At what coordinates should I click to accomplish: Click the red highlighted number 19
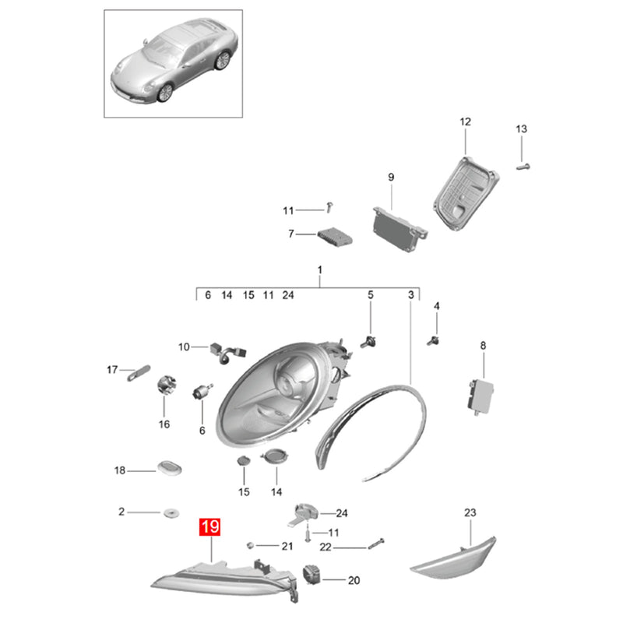209,527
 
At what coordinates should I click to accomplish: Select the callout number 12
465,121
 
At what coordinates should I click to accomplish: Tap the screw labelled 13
523,167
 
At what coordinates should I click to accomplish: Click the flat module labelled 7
335,237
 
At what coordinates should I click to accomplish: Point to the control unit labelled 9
399,230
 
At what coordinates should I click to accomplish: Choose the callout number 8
483,346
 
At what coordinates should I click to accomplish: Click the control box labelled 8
480,397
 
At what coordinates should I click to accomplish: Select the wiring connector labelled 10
227,353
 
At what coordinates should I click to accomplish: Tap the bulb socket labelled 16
167,384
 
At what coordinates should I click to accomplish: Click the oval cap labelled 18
170,467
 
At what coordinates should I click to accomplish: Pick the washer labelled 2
171,512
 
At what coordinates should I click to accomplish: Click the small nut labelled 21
250,544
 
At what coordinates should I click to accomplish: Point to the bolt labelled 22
376,543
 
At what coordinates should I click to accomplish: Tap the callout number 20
354,580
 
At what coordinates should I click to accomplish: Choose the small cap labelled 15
243,461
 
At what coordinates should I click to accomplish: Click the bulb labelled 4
434,341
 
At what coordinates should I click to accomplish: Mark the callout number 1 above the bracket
320,270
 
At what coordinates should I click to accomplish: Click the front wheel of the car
165,93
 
